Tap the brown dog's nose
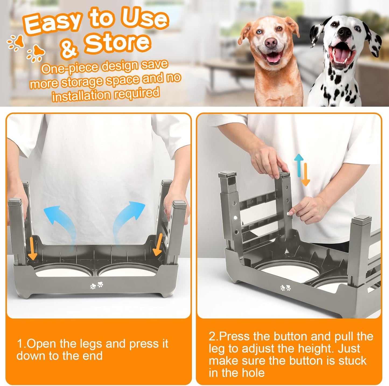click(271, 42)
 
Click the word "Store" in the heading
click(117, 43)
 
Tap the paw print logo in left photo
click(97, 285)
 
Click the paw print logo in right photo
click(285, 288)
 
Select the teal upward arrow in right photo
click(299, 164)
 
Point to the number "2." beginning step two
click(214, 337)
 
